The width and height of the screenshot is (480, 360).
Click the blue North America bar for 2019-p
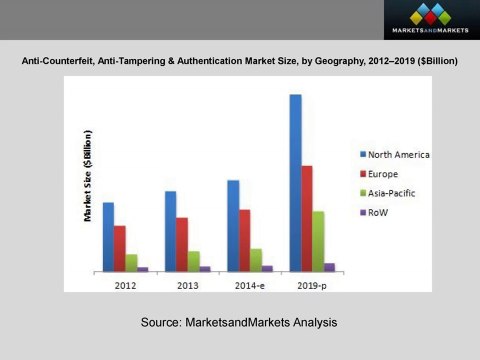pyautogui.click(x=295, y=183)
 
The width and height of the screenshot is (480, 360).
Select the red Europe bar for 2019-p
pyautogui.click(x=307, y=218)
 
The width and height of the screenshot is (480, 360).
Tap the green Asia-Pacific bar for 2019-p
pyautogui.click(x=318, y=241)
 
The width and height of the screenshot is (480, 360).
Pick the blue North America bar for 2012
pyautogui.click(x=108, y=237)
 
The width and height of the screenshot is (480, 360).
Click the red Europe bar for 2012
pyautogui.click(x=120, y=248)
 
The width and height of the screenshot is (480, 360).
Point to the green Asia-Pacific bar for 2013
pyautogui.click(x=193, y=261)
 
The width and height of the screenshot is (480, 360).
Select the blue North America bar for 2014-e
pyautogui.click(x=233, y=226)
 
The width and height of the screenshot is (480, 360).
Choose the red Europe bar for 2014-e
pyautogui.click(x=245, y=240)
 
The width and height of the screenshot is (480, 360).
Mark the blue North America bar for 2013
pyautogui.click(x=171, y=231)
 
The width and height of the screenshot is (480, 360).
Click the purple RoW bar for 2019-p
pyautogui.click(x=330, y=267)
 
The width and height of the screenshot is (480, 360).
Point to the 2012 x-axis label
pyautogui.click(x=125, y=285)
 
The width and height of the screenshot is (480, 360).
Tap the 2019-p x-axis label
pyautogui.click(x=311, y=285)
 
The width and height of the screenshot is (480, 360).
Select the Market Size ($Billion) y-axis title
pyautogui.click(x=88, y=176)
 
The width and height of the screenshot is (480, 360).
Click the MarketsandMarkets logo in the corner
pyautogui.click(x=430, y=20)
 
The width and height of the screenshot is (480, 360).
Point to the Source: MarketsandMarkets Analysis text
pyautogui.click(x=239, y=323)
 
